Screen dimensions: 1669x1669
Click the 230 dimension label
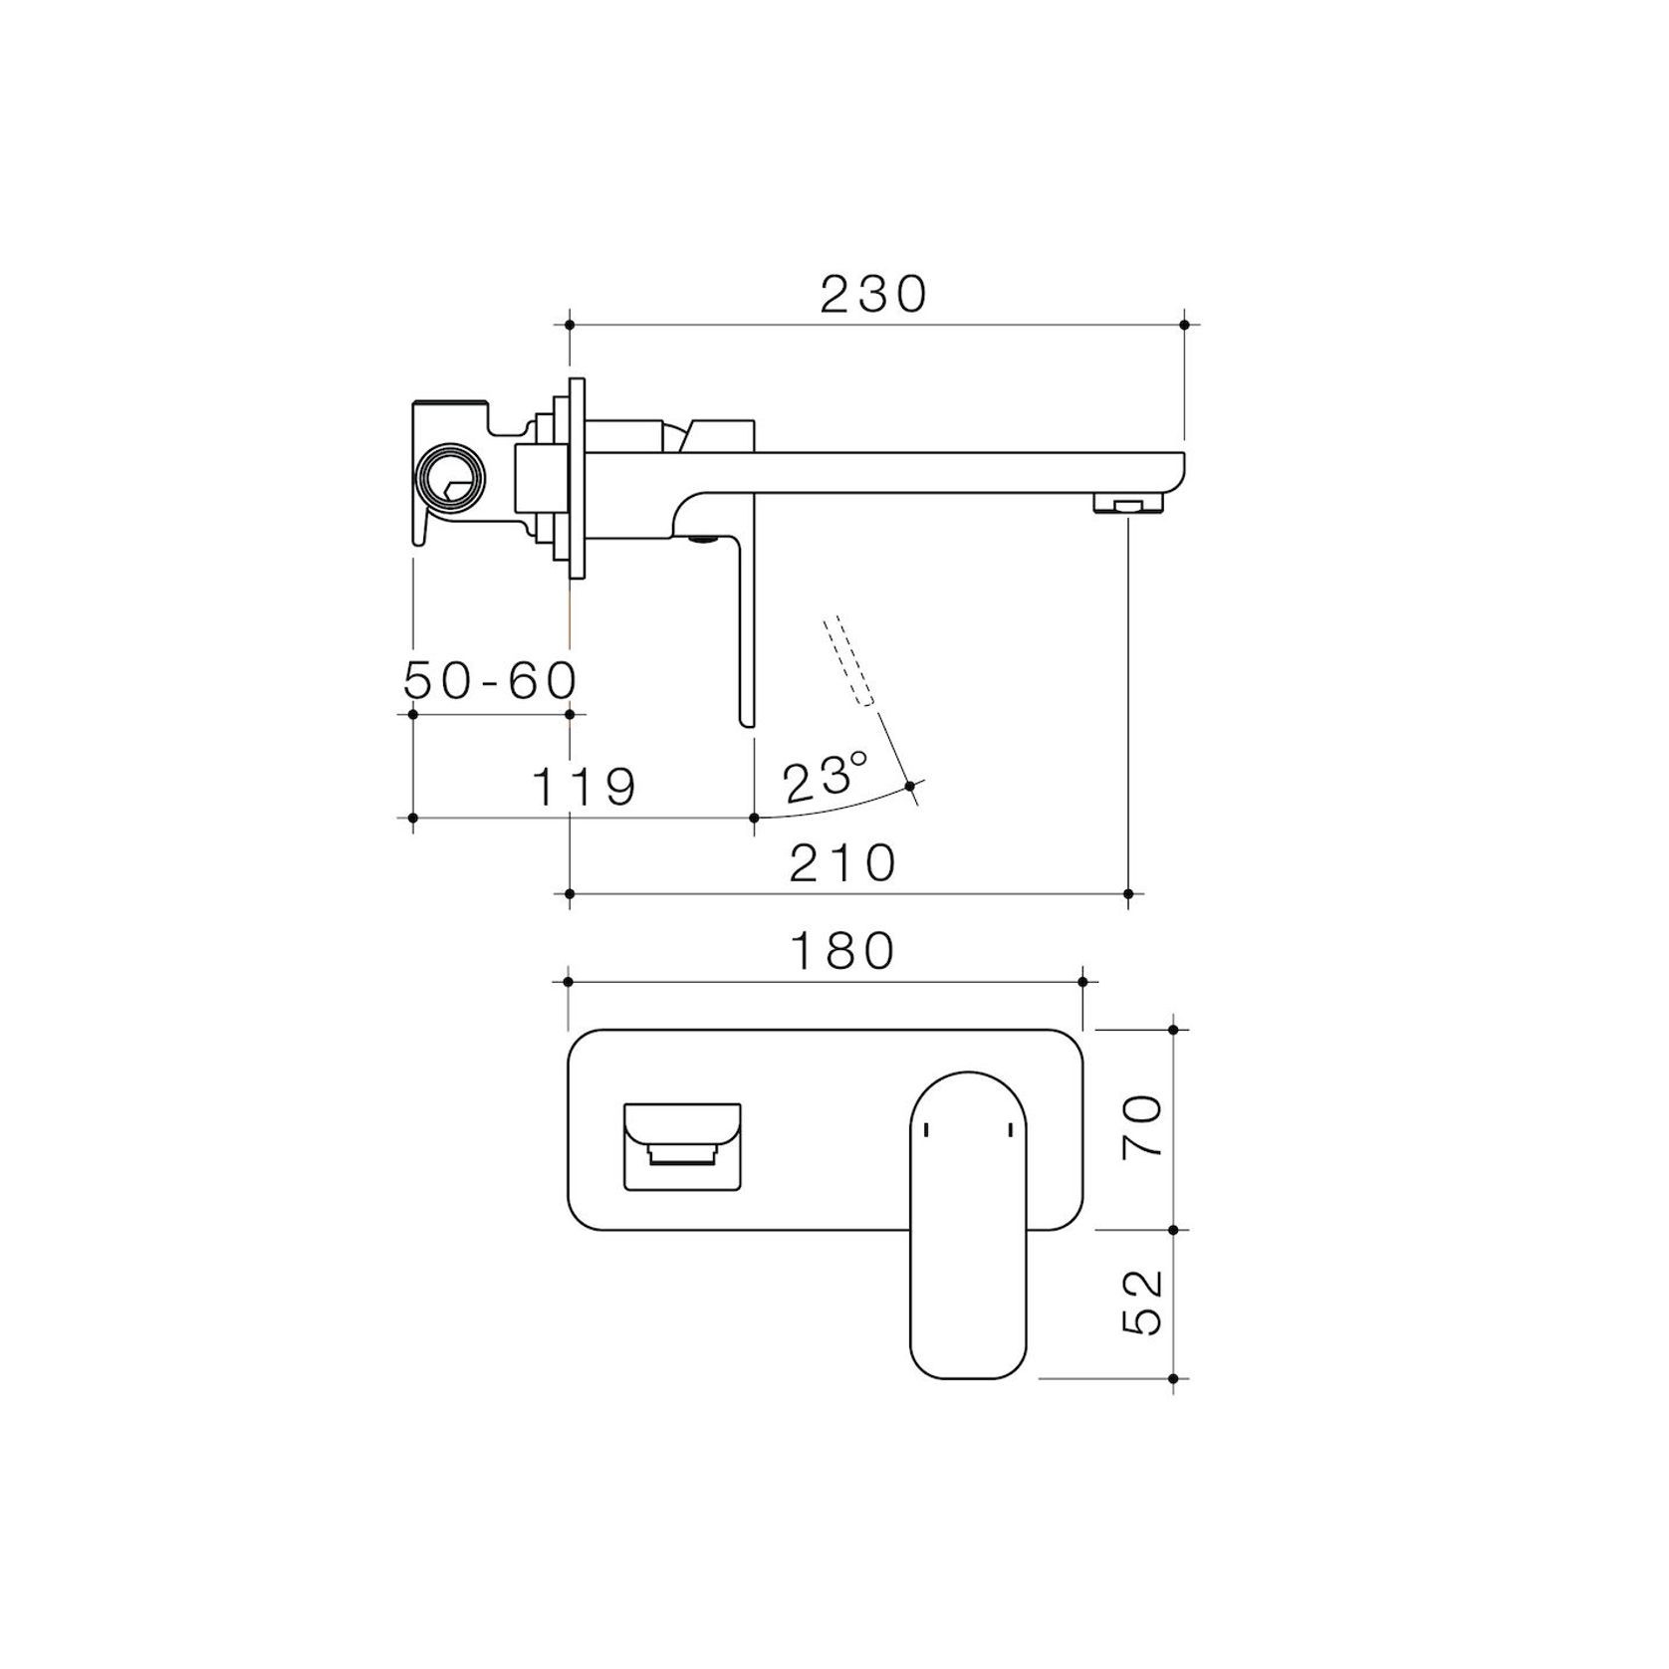873,294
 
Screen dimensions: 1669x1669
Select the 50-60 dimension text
491,681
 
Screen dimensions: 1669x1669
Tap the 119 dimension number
585,787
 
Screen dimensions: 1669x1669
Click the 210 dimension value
843,862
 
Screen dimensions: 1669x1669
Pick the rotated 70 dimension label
1142,1125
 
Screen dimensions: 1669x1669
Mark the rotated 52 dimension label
1142,1302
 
